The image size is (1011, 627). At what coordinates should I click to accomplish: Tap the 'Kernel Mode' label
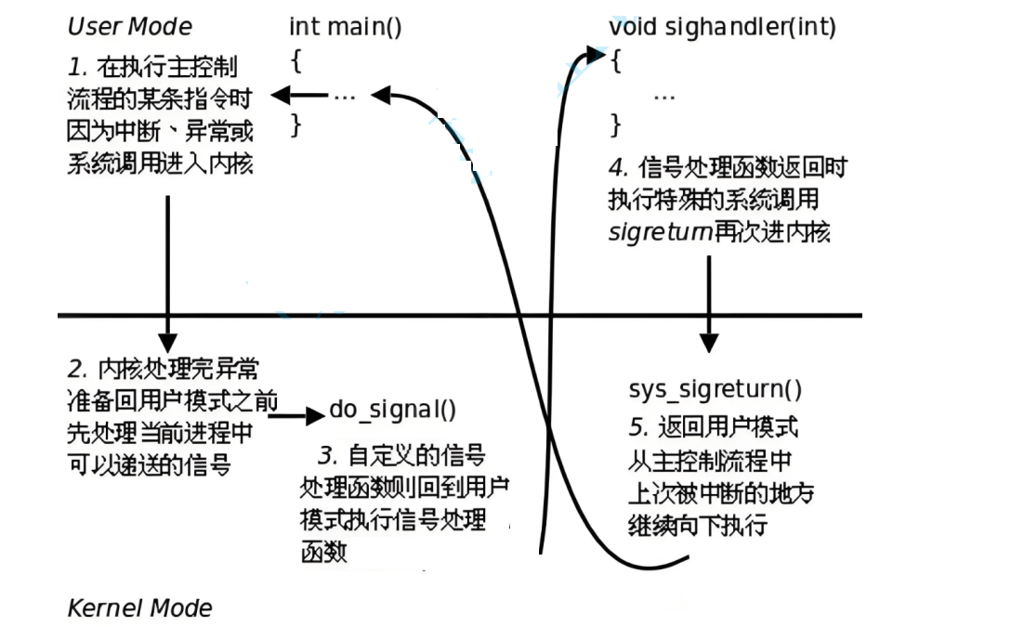tap(139, 608)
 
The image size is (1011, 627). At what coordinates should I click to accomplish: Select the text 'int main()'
tap(346, 27)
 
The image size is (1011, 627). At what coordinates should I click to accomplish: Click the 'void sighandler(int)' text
tap(722, 27)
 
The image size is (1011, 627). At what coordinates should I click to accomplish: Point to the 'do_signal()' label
tap(393, 411)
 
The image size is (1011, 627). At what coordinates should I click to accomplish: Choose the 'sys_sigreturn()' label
tap(715, 389)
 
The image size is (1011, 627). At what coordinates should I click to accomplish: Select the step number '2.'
tap(78, 369)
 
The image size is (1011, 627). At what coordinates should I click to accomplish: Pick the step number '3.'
tap(327, 456)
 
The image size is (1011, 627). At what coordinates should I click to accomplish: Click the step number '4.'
tap(619, 168)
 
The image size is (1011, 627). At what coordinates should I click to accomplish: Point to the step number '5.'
tap(639, 427)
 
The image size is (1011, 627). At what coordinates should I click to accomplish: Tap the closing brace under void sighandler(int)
tap(614, 124)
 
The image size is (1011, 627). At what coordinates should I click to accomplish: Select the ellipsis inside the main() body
tap(344, 95)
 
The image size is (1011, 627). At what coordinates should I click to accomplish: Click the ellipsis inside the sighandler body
tap(663, 95)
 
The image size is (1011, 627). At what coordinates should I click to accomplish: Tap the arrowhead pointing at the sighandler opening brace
tap(596, 56)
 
